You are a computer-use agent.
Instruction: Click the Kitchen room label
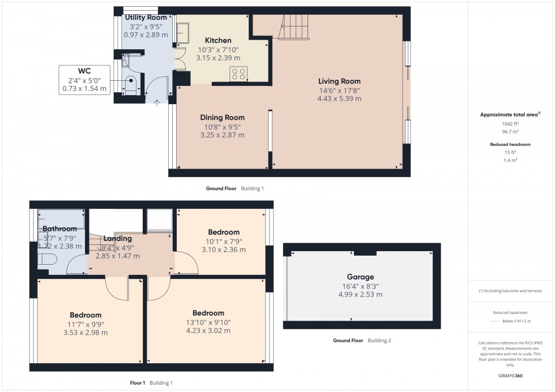(218, 40)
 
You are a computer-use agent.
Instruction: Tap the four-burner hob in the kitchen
(238, 74)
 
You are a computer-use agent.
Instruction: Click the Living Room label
(339, 81)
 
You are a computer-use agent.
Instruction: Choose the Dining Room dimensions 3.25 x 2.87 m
(222, 135)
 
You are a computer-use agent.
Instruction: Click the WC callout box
(84, 80)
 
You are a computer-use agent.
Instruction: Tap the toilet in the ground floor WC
(130, 85)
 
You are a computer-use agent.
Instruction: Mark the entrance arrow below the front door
(157, 101)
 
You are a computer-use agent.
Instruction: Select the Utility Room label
(146, 18)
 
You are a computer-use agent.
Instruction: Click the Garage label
(361, 277)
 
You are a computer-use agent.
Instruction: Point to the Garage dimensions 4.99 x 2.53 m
(361, 294)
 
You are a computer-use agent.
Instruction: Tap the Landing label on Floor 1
(117, 239)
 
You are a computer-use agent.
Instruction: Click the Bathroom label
(59, 229)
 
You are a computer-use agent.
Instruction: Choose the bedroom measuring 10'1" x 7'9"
(223, 241)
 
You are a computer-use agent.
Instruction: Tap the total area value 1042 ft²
(510, 123)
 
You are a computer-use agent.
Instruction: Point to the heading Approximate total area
(509, 114)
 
